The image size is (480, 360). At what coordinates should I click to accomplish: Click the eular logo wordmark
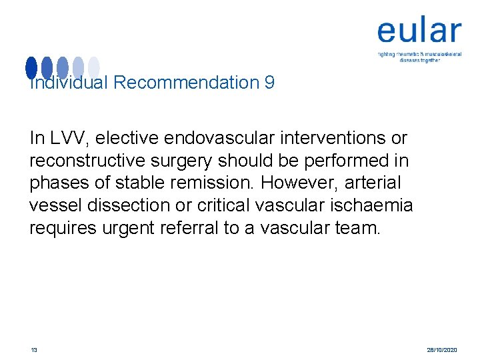pos(419,31)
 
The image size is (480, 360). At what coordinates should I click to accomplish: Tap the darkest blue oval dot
pos(31,67)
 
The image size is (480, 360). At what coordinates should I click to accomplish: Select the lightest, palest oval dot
pos(94,67)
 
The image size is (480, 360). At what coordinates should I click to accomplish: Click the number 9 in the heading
pos(269,83)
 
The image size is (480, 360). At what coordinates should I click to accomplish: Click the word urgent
pos(132,229)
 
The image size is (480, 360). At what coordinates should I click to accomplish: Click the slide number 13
pos(33,349)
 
